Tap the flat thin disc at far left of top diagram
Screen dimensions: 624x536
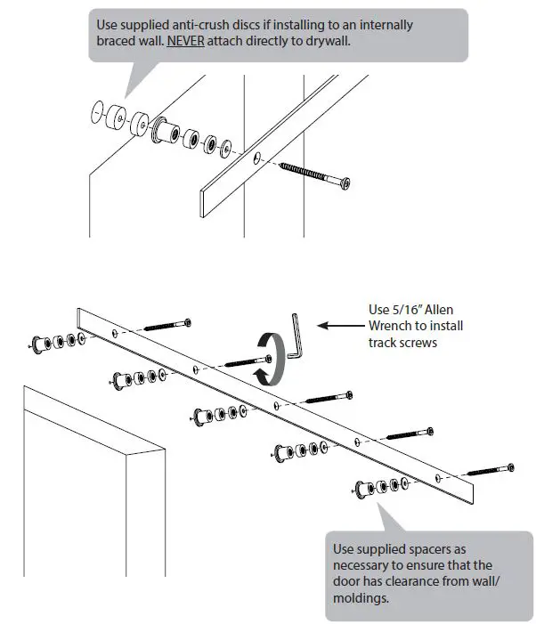tap(97, 113)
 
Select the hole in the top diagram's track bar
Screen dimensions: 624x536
tap(256, 158)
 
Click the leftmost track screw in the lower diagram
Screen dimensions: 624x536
tap(166, 324)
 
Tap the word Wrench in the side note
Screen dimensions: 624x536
tap(388, 327)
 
